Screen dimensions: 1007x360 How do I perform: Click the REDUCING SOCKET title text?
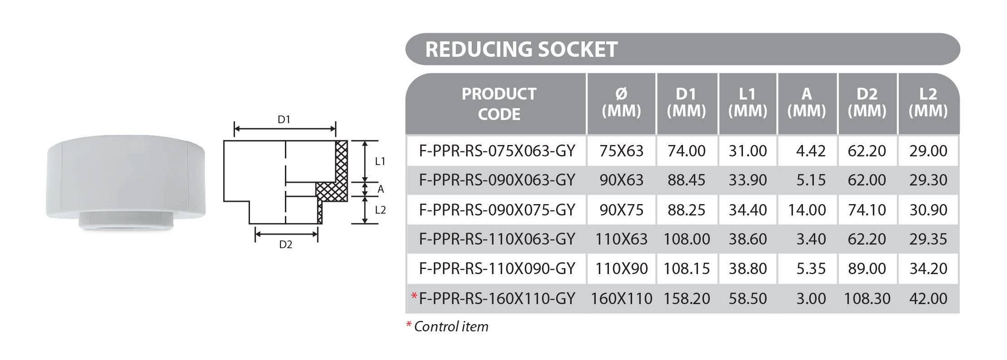coord(521,50)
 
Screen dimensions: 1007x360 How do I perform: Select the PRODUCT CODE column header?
coord(499,104)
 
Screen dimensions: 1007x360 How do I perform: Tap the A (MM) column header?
coord(807,103)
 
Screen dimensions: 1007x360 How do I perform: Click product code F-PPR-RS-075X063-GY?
coord(497,150)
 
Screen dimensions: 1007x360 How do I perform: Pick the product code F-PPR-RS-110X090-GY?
coord(497,268)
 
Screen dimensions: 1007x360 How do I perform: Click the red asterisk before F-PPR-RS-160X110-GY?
coord(414,296)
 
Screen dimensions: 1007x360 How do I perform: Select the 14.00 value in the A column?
coord(807,210)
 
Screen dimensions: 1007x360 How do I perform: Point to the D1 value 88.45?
coord(686,180)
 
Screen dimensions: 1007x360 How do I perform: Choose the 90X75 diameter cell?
coord(621,210)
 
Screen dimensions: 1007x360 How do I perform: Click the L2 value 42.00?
coord(928,298)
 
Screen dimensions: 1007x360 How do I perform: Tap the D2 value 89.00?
coord(867,268)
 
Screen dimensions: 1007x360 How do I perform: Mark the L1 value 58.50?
coord(748,298)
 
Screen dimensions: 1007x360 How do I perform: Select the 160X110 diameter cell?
coord(621,298)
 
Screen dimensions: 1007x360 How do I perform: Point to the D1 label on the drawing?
coord(284,120)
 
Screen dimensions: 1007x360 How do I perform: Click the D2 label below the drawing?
coord(285,245)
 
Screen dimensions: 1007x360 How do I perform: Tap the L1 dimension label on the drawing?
coord(380,161)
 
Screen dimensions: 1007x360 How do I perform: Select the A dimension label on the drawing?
coord(381,189)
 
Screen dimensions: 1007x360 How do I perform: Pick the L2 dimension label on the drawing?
coord(380,210)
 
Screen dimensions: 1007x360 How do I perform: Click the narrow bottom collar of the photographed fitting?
coord(126,220)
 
